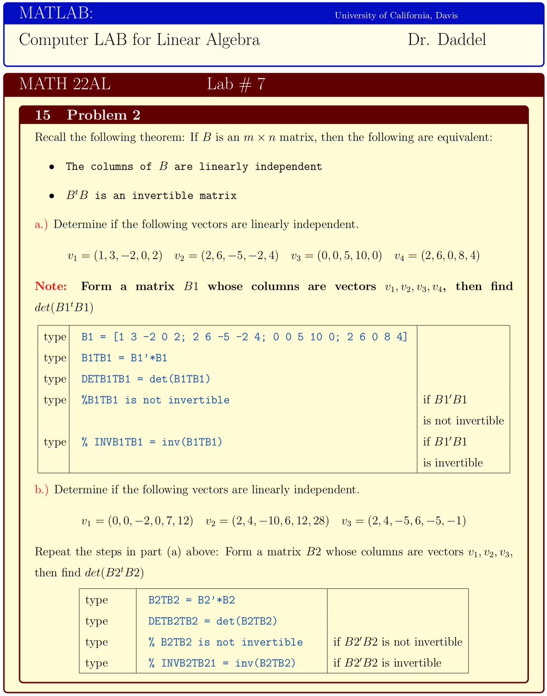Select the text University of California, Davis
tap(396, 15)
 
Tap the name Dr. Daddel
tap(447, 40)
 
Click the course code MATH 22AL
tap(65, 84)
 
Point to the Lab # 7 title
tap(236, 84)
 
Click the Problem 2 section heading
tap(103, 115)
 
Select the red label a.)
tap(41, 224)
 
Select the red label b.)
tap(42, 489)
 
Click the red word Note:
tap(51, 286)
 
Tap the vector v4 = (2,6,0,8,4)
tap(437, 256)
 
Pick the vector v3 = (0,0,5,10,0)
tap(336, 256)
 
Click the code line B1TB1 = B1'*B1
tap(124, 358)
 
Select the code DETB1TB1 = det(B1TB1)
tap(146, 379)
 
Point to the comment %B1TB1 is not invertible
tap(155, 400)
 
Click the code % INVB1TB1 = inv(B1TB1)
tap(152, 442)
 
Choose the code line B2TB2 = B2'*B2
tap(191, 600)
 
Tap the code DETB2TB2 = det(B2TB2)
tap(213, 621)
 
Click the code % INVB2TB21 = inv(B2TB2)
tap(222, 663)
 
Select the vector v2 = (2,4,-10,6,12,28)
tap(267, 521)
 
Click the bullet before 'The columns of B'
tap(52, 167)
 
